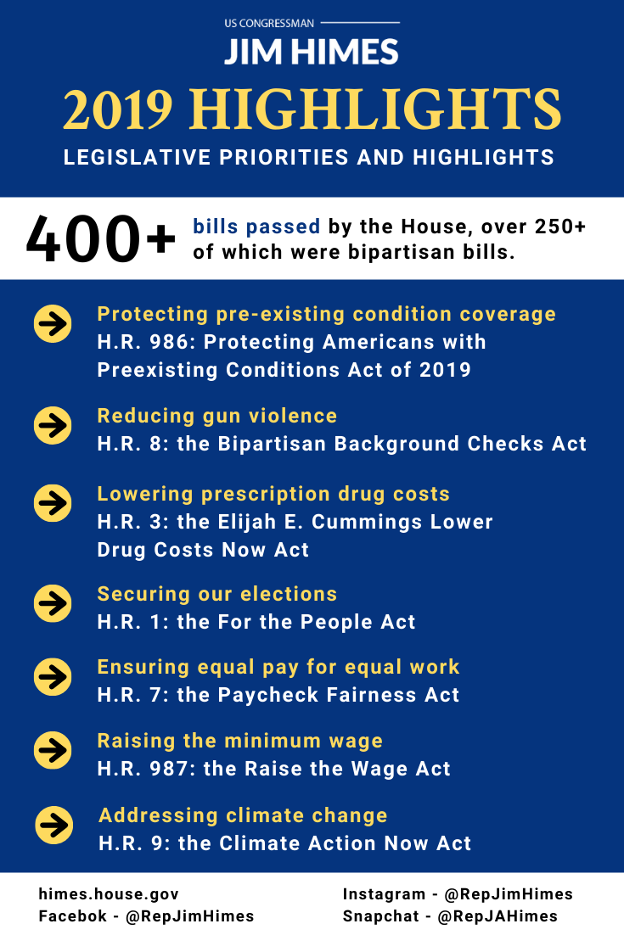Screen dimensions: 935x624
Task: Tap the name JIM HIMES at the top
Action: tap(311, 53)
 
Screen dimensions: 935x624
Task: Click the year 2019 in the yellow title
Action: tap(118, 109)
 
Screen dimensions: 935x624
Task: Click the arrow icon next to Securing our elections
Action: tap(53, 603)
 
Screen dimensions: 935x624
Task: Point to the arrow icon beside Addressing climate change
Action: tap(53, 825)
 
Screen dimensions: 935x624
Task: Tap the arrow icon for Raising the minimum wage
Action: tap(53, 750)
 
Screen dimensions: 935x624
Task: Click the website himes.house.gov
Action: tap(109, 894)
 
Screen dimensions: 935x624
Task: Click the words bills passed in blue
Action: tap(256, 227)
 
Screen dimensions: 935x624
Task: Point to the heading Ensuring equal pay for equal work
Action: tap(278, 667)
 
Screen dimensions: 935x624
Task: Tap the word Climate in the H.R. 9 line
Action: tap(273, 843)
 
